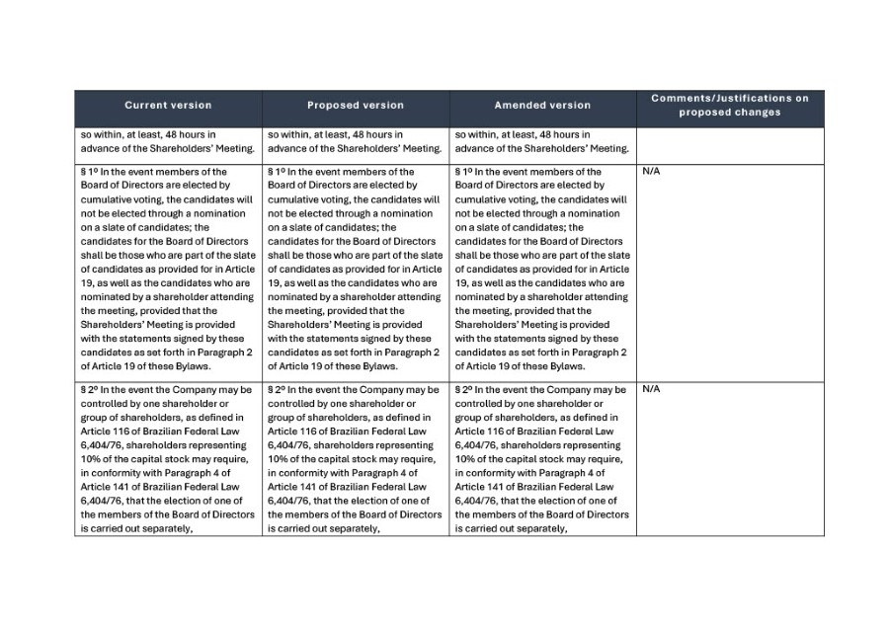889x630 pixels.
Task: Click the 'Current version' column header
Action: pos(168,106)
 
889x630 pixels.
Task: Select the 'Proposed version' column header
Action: pos(356,106)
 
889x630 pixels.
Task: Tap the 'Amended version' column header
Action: pos(542,106)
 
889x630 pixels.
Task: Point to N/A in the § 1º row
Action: pos(651,172)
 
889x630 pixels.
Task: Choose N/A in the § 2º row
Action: pos(651,389)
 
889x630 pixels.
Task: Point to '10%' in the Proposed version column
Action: pos(278,458)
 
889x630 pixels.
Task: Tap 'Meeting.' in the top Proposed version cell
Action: pos(420,149)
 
